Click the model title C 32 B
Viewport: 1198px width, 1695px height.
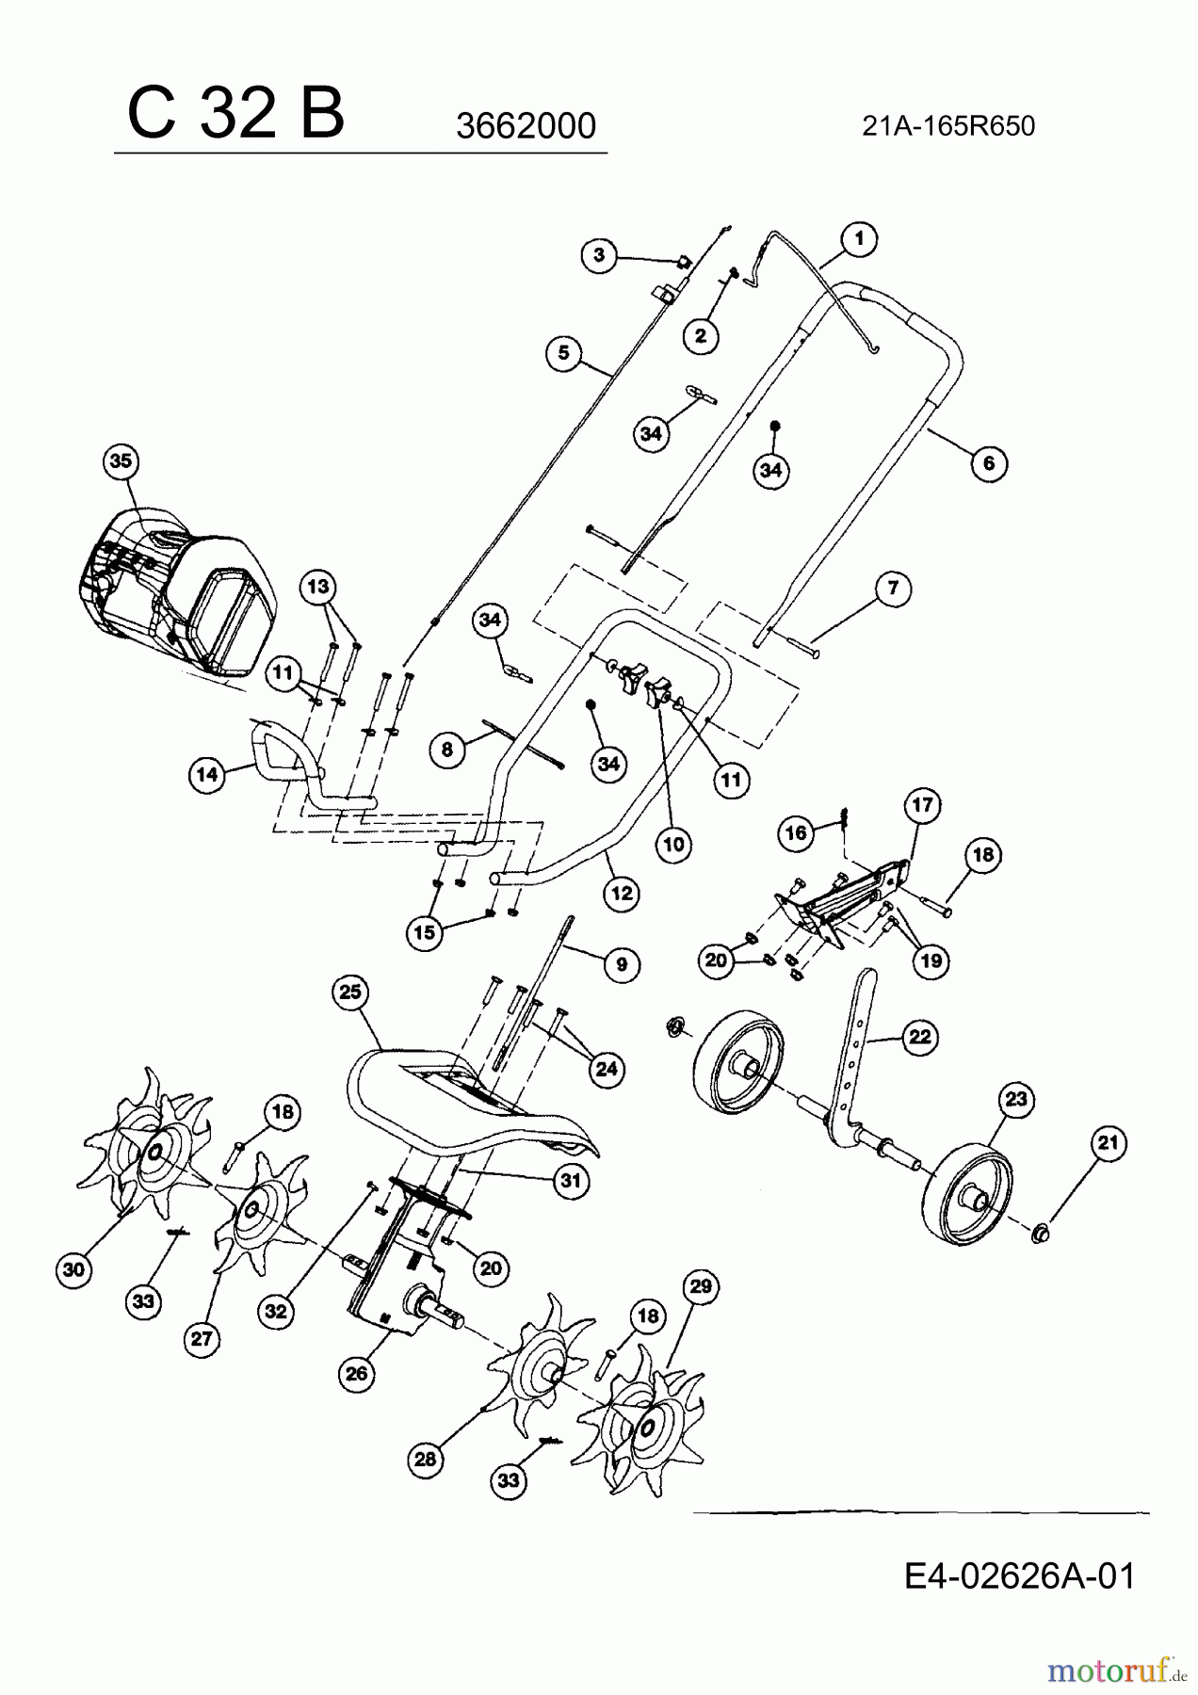pos(235,114)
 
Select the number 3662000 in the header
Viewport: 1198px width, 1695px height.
pos(526,126)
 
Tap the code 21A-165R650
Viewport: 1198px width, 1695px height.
pos(947,126)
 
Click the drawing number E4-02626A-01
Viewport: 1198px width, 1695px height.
pos(1019,1575)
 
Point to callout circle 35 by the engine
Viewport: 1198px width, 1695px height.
pos(121,461)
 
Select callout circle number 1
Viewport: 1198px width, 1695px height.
pos(859,240)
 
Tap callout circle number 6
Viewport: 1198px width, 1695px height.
pos(989,463)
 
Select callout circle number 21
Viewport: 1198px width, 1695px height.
pos(1109,1144)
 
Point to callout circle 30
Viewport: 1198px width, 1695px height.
pos(73,1270)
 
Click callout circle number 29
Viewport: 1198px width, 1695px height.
pos(703,1286)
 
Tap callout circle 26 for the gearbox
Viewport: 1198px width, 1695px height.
pos(356,1374)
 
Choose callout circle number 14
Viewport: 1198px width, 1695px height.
pos(207,775)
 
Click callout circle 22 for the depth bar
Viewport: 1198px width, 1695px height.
pos(919,1037)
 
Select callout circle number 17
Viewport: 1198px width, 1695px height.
pos(921,805)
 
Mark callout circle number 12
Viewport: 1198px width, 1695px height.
pos(622,894)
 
